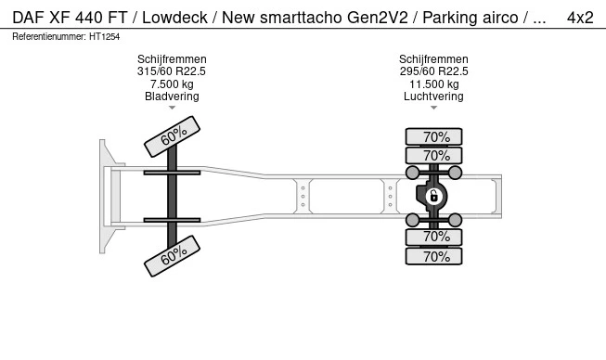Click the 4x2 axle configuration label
tap(580, 18)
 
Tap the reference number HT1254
tap(104, 37)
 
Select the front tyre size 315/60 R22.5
tap(172, 71)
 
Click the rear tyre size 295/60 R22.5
tap(433, 71)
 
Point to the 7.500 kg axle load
tap(172, 84)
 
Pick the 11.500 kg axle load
tap(434, 84)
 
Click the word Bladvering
tap(172, 96)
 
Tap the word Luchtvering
tap(433, 96)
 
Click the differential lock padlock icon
tap(433, 197)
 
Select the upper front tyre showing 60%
tap(172, 136)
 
